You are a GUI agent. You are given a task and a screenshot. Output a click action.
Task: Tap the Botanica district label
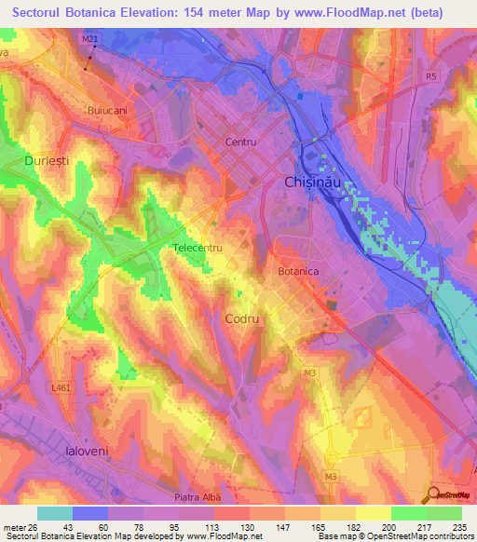pyautogui.click(x=299, y=271)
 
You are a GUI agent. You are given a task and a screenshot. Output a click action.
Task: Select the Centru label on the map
pyautogui.click(x=240, y=142)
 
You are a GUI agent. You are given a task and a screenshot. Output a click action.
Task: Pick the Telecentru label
pyautogui.click(x=198, y=249)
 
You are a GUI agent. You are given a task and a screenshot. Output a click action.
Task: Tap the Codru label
pyautogui.click(x=241, y=318)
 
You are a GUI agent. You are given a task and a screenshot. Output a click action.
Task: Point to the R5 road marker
pyautogui.click(x=430, y=76)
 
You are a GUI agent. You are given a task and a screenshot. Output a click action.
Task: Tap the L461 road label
pyautogui.click(x=62, y=386)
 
